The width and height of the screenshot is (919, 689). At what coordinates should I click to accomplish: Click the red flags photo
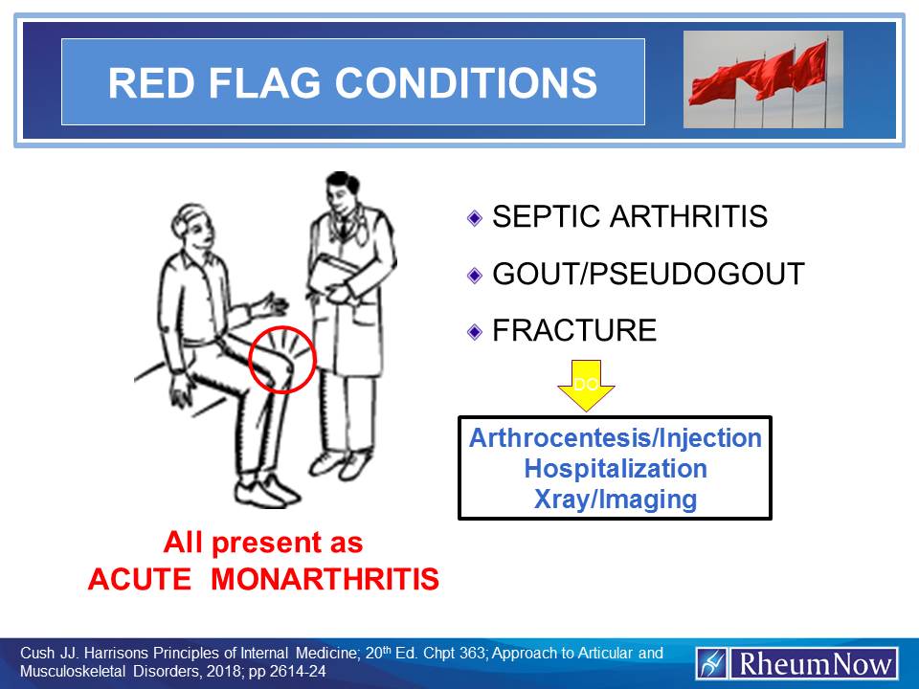[x=763, y=79]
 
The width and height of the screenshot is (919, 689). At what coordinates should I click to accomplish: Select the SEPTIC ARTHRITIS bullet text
[x=629, y=217]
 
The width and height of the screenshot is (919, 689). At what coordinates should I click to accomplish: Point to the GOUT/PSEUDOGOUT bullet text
[x=648, y=275]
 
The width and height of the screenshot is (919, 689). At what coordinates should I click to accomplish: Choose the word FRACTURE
[x=574, y=331]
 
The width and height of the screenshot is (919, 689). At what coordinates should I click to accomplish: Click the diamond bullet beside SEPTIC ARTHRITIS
[x=474, y=218]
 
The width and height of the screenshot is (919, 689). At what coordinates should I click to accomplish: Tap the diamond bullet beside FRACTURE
[x=474, y=332]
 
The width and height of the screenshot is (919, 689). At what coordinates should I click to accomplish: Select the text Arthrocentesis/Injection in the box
[x=615, y=438]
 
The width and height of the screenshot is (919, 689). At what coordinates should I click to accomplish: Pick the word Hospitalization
[x=615, y=469]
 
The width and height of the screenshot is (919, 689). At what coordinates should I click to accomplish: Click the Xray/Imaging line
[x=615, y=499]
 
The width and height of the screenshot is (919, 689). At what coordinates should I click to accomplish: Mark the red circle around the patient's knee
[x=281, y=359]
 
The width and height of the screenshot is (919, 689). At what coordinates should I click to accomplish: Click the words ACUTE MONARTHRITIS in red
[x=262, y=580]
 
